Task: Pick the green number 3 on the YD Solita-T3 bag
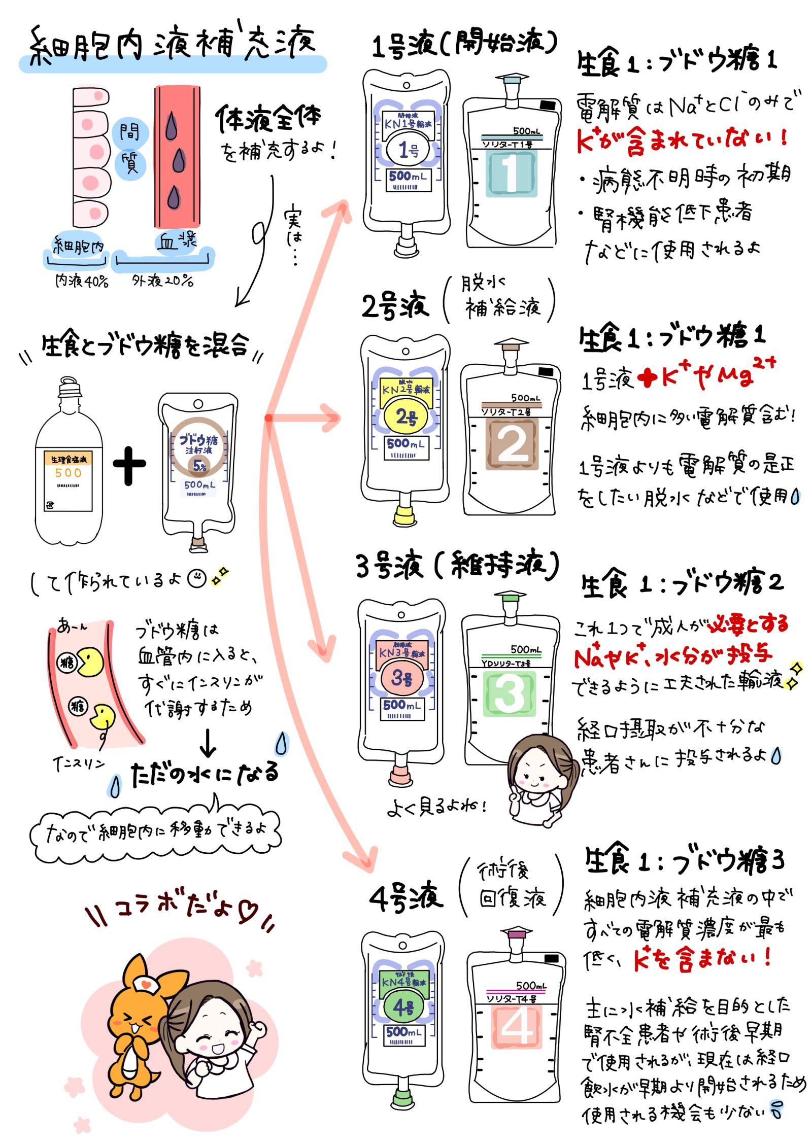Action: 508,693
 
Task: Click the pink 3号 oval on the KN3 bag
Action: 401,678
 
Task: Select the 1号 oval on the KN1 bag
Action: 408,150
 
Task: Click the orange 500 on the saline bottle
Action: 68,473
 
